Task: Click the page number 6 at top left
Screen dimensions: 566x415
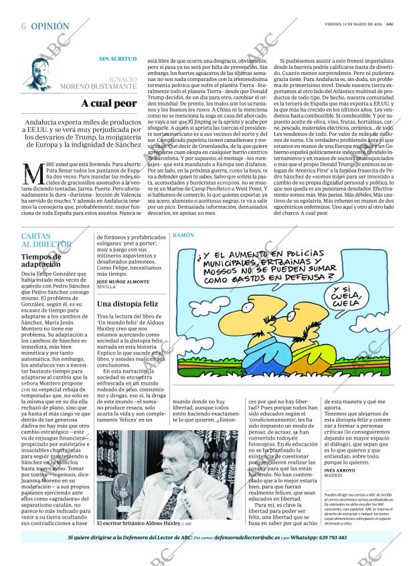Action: click(x=23, y=26)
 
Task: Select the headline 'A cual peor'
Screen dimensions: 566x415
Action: click(x=109, y=104)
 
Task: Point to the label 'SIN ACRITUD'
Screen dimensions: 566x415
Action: click(x=118, y=59)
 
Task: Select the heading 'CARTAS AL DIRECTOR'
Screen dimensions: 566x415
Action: click(x=45, y=240)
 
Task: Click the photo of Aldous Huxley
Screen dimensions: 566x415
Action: click(x=167, y=475)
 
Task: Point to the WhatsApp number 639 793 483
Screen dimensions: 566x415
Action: click(x=329, y=537)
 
